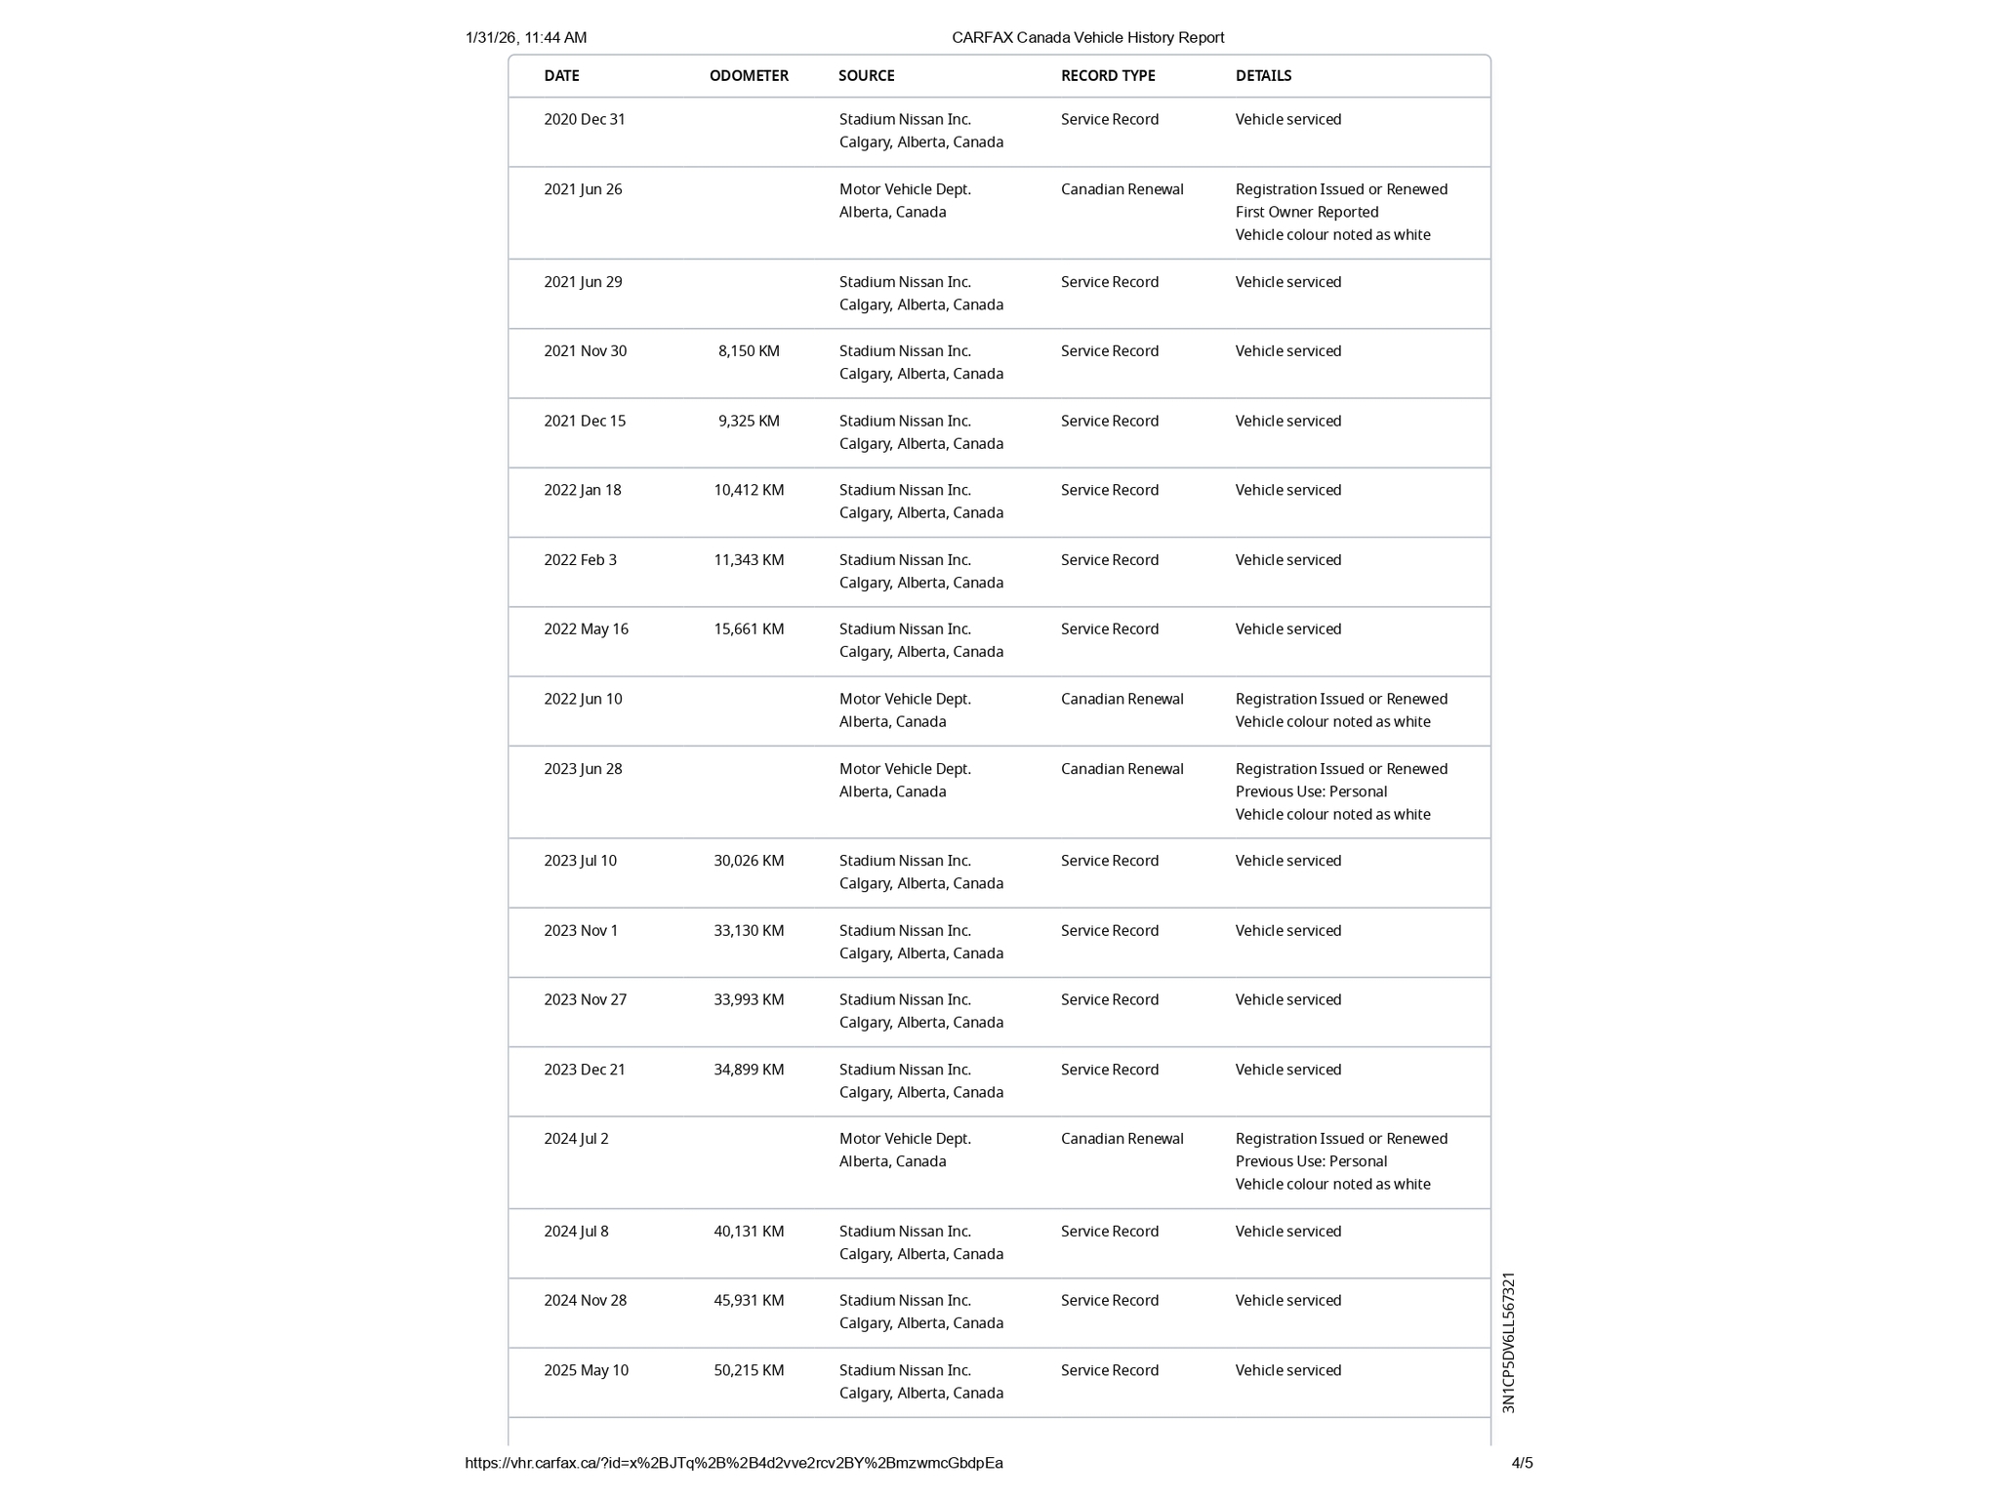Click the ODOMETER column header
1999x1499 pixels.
[x=749, y=76]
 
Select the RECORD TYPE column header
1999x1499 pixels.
[x=1108, y=76]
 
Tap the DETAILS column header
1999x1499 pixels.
[x=1263, y=76]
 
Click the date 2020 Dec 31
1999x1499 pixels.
[x=585, y=120]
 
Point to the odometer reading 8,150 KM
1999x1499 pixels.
[x=749, y=351]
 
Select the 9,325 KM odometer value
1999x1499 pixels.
[x=749, y=422]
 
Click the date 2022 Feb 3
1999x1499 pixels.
[x=580, y=560]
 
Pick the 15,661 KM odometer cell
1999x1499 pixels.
[x=749, y=629]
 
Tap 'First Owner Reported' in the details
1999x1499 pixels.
[x=1307, y=213]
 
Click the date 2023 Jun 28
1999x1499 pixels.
[x=583, y=769]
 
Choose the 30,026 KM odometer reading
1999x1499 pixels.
[x=749, y=861]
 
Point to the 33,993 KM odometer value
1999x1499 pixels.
[x=749, y=1000]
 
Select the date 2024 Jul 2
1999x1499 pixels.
[x=576, y=1139]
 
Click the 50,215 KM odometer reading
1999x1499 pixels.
[x=749, y=1371]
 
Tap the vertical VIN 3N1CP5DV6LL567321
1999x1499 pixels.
[x=1509, y=1343]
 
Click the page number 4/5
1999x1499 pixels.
[x=1522, y=1463]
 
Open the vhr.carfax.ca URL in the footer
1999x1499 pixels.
[x=734, y=1463]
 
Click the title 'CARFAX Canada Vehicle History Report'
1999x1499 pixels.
[x=1087, y=38]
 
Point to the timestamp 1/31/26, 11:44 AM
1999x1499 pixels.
[x=526, y=38]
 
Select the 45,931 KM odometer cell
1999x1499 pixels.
[x=749, y=1301]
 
